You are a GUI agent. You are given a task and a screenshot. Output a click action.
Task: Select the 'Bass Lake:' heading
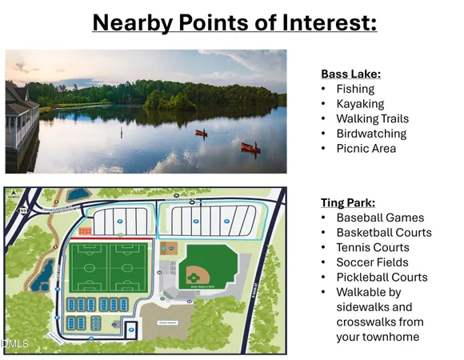350,74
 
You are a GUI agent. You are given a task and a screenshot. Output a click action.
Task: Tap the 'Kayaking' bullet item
360,104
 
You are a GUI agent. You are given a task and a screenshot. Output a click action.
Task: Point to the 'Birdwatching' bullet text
371,134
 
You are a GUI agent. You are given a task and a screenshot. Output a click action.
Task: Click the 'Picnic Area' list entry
366,148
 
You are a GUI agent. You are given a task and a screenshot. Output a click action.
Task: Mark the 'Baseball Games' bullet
380,218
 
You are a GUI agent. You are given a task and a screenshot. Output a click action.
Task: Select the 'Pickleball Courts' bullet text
382,277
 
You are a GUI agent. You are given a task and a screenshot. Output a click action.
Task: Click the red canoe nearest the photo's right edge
250,147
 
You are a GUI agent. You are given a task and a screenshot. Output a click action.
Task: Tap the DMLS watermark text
15,345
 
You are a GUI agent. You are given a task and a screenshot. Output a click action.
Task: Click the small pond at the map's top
78,194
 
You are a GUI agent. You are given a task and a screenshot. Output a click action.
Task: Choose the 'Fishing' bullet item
355,89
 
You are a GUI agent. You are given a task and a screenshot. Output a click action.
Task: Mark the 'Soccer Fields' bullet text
372,262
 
